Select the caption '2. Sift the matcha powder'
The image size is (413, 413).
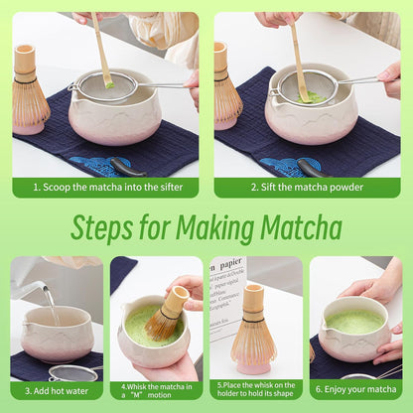pyautogui.click(x=308, y=187)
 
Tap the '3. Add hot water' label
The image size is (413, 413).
pyautogui.click(x=56, y=390)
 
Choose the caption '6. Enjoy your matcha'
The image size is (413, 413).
pyautogui.click(x=355, y=390)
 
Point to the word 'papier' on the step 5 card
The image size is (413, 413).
pyautogui.click(x=230, y=264)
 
